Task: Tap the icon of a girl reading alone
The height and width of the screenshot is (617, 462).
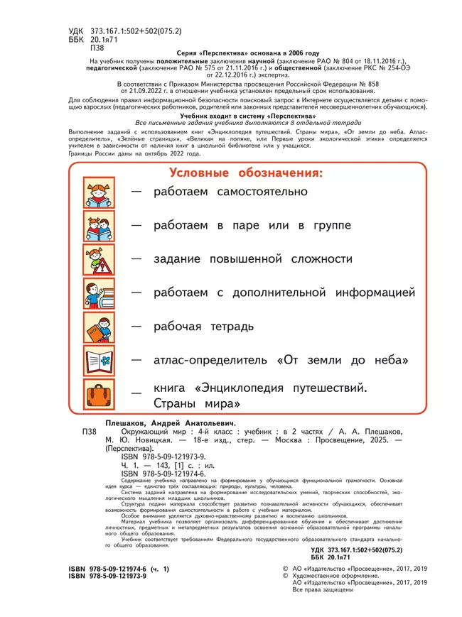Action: (x=97, y=192)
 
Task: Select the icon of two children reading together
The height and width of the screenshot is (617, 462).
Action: (x=97, y=226)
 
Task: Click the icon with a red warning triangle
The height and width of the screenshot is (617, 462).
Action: (x=97, y=260)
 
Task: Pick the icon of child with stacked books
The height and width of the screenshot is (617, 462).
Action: (x=97, y=293)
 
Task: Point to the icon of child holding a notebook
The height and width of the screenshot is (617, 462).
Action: (x=97, y=327)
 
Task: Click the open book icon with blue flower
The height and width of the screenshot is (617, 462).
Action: (x=97, y=361)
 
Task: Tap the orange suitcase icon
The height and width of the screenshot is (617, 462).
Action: (x=97, y=395)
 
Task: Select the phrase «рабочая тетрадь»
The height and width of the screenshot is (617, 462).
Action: (x=203, y=327)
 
